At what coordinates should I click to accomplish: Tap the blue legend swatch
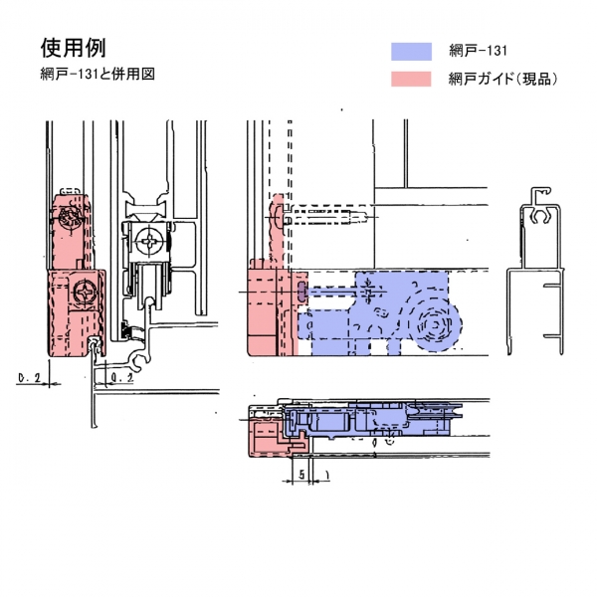pos(412,52)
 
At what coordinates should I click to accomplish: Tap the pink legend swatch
pos(412,79)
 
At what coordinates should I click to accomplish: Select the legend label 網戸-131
pos(479,52)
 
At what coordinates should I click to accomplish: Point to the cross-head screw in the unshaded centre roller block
pos(150,241)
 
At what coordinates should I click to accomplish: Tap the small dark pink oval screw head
pos(302,292)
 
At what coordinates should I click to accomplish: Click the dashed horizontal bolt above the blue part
pos(328,214)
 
